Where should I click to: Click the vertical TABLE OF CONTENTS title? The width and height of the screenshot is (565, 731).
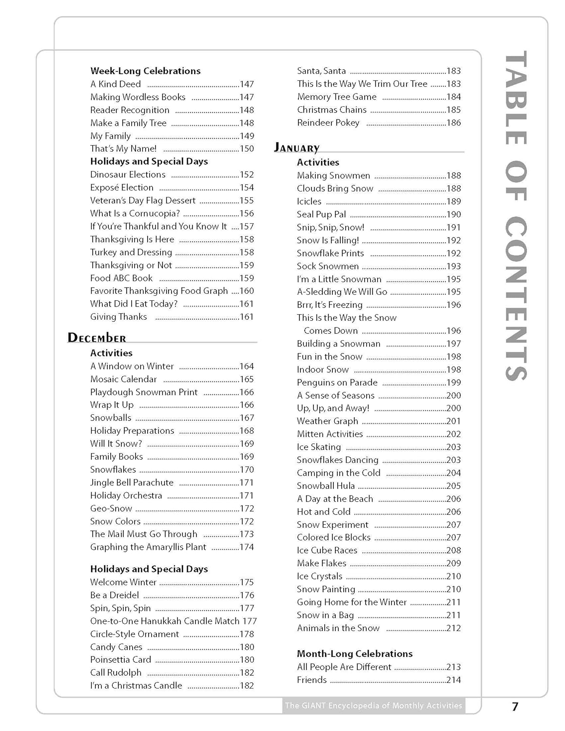coord(515,215)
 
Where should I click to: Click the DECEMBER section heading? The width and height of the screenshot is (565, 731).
coord(97,338)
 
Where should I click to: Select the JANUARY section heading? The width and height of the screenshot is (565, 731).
coord(297,148)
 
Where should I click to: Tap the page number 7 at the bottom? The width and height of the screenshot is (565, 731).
coord(515,706)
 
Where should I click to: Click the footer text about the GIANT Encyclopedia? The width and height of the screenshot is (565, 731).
coord(373,705)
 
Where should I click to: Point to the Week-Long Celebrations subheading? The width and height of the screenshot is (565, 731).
coord(145,71)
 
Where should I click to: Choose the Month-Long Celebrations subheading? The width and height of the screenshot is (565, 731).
coord(354,654)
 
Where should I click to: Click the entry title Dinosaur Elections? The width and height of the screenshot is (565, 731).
coord(128,174)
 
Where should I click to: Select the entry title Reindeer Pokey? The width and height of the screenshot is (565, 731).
coord(328,123)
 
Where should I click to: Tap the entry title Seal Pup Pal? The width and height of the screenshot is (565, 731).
coord(321,214)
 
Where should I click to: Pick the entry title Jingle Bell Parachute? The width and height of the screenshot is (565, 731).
coord(132,482)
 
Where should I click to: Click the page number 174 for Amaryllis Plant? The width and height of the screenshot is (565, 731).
coord(247,547)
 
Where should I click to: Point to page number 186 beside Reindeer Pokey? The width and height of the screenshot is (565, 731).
coord(453,123)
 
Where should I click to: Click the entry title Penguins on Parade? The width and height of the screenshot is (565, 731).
coord(337,383)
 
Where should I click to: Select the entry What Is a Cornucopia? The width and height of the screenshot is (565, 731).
coord(135,213)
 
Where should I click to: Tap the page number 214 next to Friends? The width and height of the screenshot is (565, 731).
coord(453,680)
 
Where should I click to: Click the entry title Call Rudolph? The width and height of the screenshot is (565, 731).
coord(116,673)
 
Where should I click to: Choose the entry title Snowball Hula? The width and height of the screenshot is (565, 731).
coord(326,486)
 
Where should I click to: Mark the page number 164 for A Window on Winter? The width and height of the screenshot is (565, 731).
coord(247,366)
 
